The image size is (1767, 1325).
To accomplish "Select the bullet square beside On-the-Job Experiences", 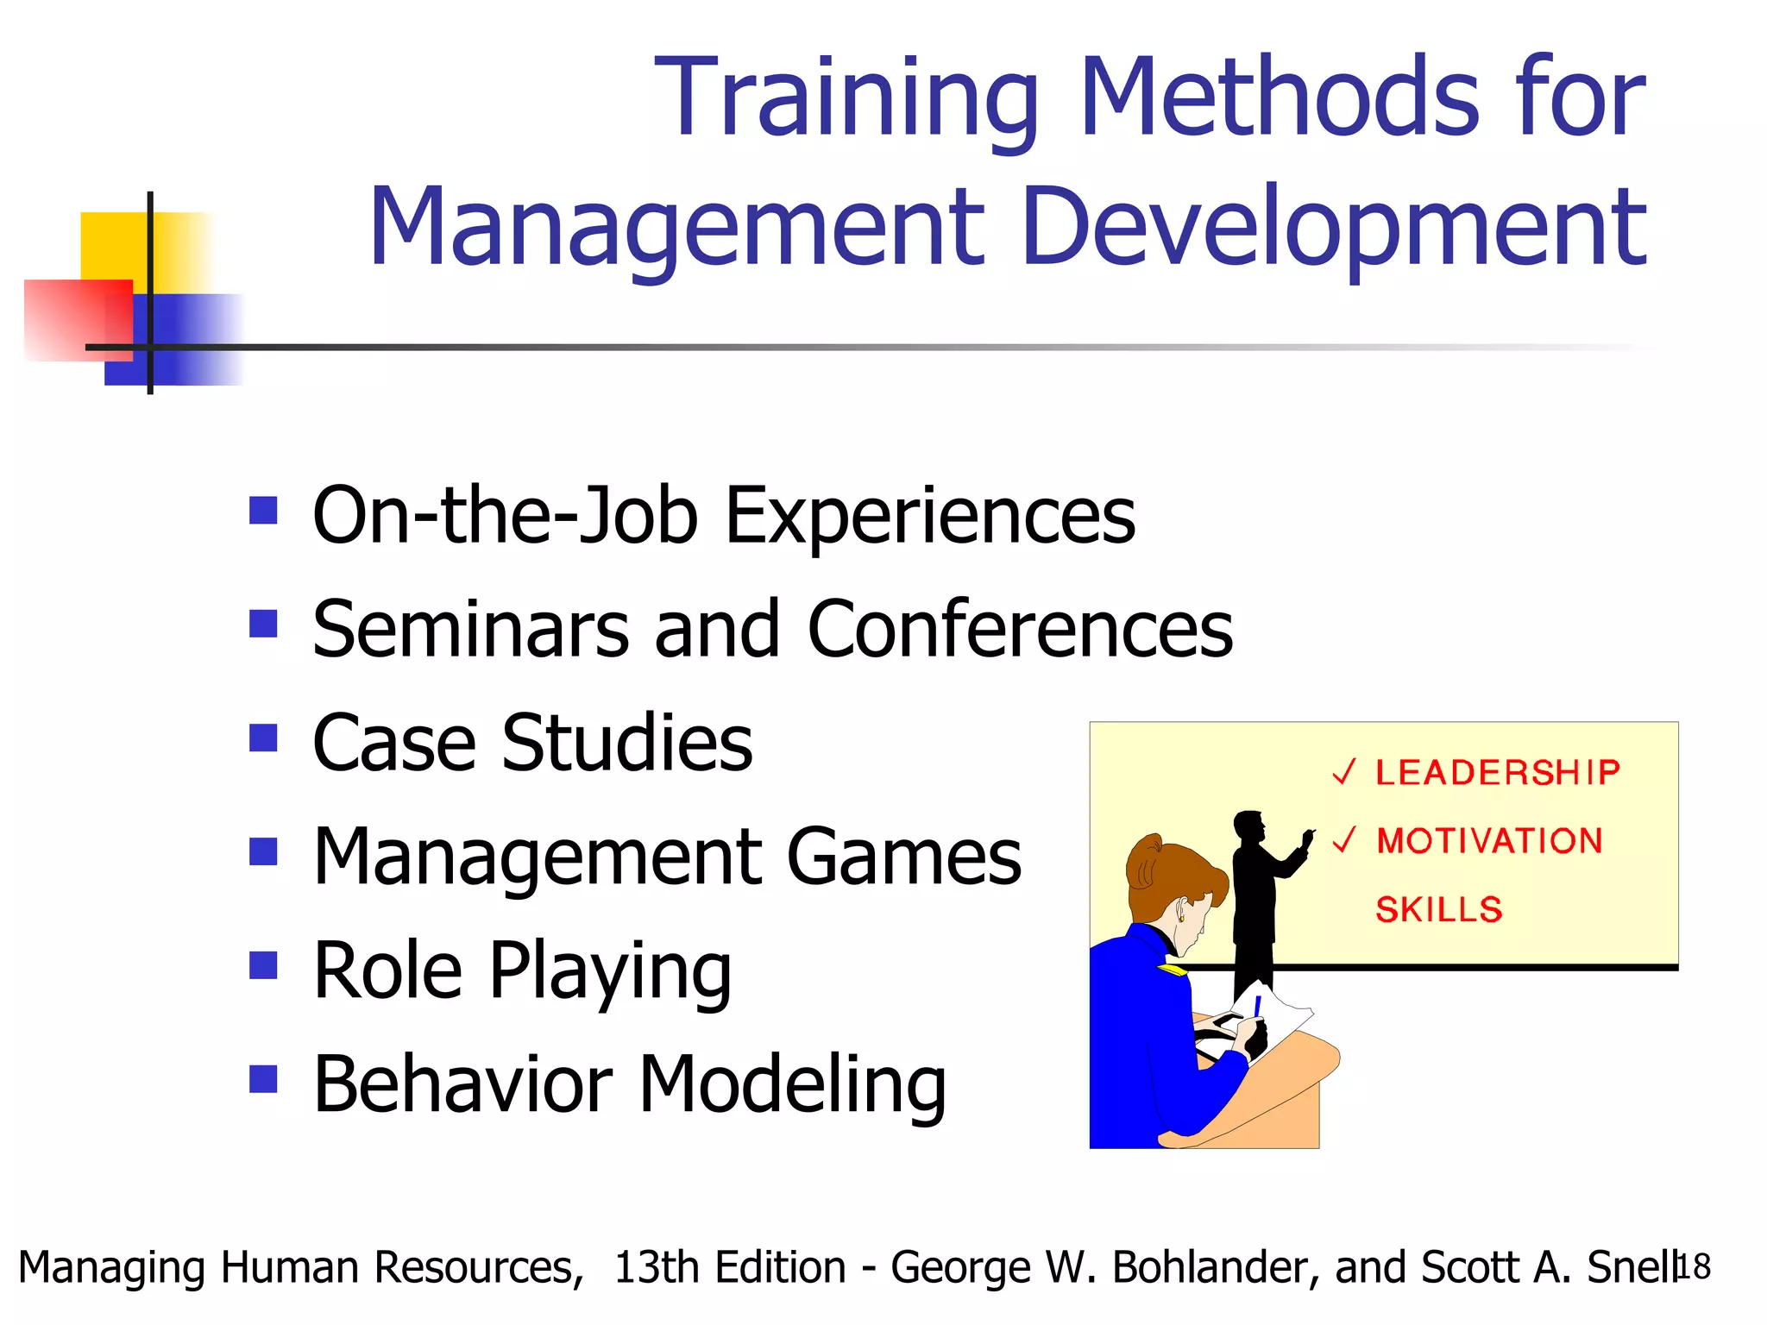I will [263, 511].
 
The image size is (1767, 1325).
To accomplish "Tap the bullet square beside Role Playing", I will [263, 965].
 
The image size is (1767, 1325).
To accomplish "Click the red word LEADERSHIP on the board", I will [1497, 773].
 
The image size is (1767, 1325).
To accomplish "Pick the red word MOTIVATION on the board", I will [1489, 841].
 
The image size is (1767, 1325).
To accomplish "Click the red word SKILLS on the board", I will [1438, 910].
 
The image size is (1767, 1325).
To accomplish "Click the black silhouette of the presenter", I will [1256, 897].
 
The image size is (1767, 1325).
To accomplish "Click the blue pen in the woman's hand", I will [1257, 1006].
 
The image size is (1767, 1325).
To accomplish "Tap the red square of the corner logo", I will [69, 319].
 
